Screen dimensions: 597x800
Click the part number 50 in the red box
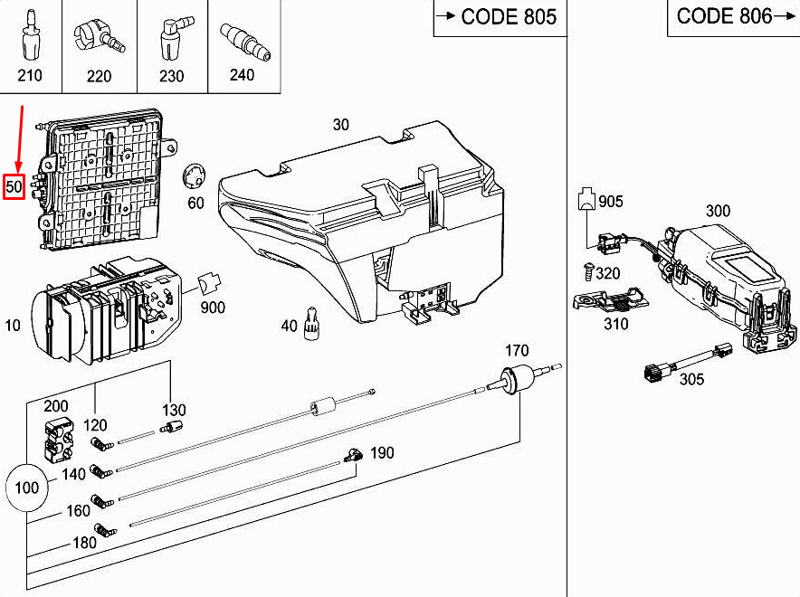coord(14,186)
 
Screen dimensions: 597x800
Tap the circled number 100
coord(28,488)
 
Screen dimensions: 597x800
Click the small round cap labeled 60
coord(193,176)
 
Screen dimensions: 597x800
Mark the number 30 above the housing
coord(340,125)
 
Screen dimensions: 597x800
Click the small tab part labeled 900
coord(210,284)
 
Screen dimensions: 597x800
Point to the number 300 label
coord(718,211)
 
